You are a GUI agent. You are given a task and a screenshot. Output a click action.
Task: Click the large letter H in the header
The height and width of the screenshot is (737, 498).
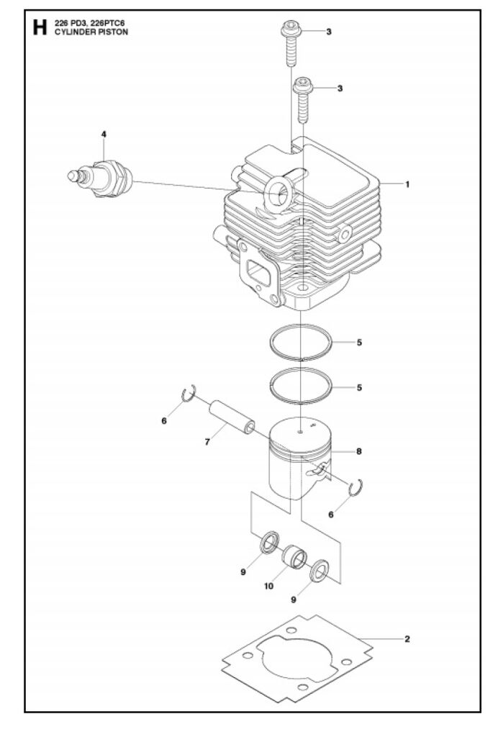pos(40,27)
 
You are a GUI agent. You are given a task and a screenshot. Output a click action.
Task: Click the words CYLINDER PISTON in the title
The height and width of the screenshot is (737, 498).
pos(91,32)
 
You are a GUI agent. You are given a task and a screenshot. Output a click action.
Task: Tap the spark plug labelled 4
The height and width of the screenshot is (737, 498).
pos(100,179)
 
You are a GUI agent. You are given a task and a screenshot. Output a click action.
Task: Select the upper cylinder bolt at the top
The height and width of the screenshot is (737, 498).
pos(291,43)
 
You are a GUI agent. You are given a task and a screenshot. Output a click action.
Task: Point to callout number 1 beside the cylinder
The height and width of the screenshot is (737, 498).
pos(407,184)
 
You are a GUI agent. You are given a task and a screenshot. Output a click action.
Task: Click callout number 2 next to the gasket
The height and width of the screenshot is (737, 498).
pos(407,639)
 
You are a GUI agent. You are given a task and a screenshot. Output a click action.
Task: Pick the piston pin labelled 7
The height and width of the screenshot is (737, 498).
pos(232,417)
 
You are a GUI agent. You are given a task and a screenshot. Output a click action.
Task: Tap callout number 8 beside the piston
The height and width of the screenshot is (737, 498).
pos(359,451)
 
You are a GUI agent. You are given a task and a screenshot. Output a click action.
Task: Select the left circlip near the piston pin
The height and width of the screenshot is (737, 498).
pos(189,394)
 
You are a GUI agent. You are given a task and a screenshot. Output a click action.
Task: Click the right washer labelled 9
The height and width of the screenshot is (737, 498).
pos(320,571)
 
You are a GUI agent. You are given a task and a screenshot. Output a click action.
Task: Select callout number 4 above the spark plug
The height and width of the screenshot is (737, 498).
pos(104,134)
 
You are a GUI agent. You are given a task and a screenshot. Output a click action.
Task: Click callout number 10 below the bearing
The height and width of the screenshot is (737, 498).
pos(268,586)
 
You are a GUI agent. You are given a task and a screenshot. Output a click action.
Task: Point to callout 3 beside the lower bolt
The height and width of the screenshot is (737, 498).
pos(340,89)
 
